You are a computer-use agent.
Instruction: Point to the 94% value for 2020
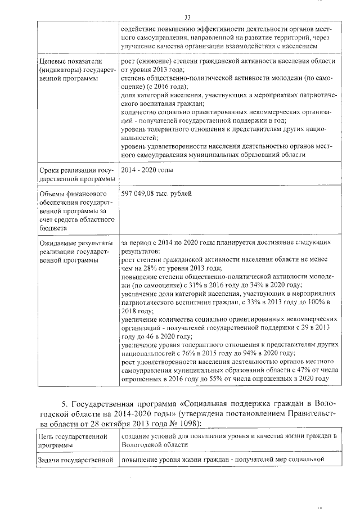[x=259, y=353]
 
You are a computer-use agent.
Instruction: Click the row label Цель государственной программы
[x=73, y=440]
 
